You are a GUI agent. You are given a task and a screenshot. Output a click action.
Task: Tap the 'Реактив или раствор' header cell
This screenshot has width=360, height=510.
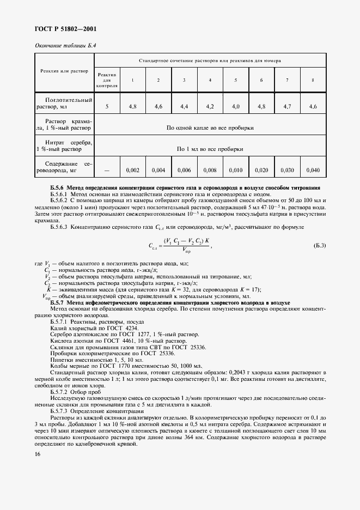[x=64, y=71]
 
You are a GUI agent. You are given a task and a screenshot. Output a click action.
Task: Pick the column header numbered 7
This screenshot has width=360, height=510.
[x=287, y=80]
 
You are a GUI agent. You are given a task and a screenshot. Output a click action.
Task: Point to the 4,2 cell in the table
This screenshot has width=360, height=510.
[x=210, y=107]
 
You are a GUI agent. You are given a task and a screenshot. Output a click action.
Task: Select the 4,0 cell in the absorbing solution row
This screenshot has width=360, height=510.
[x=236, y=107]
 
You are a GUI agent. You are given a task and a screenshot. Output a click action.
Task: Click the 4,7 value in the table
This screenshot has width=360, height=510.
[x=287, y=107]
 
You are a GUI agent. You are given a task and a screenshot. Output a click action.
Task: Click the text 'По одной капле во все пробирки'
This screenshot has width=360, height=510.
[x=210, y=127]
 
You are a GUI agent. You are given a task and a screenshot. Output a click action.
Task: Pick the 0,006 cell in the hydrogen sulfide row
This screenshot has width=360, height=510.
[x=184, y=171]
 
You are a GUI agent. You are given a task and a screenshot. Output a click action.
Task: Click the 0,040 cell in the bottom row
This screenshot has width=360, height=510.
[x=313, y=171]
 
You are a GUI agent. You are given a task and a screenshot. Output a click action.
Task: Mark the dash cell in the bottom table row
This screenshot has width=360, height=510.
[x=107, y=171]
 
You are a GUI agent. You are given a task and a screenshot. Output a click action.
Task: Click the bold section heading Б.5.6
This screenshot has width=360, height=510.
[x=185, y=187]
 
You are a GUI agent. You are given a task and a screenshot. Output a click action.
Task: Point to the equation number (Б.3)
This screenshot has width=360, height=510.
[x=320, y=246]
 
